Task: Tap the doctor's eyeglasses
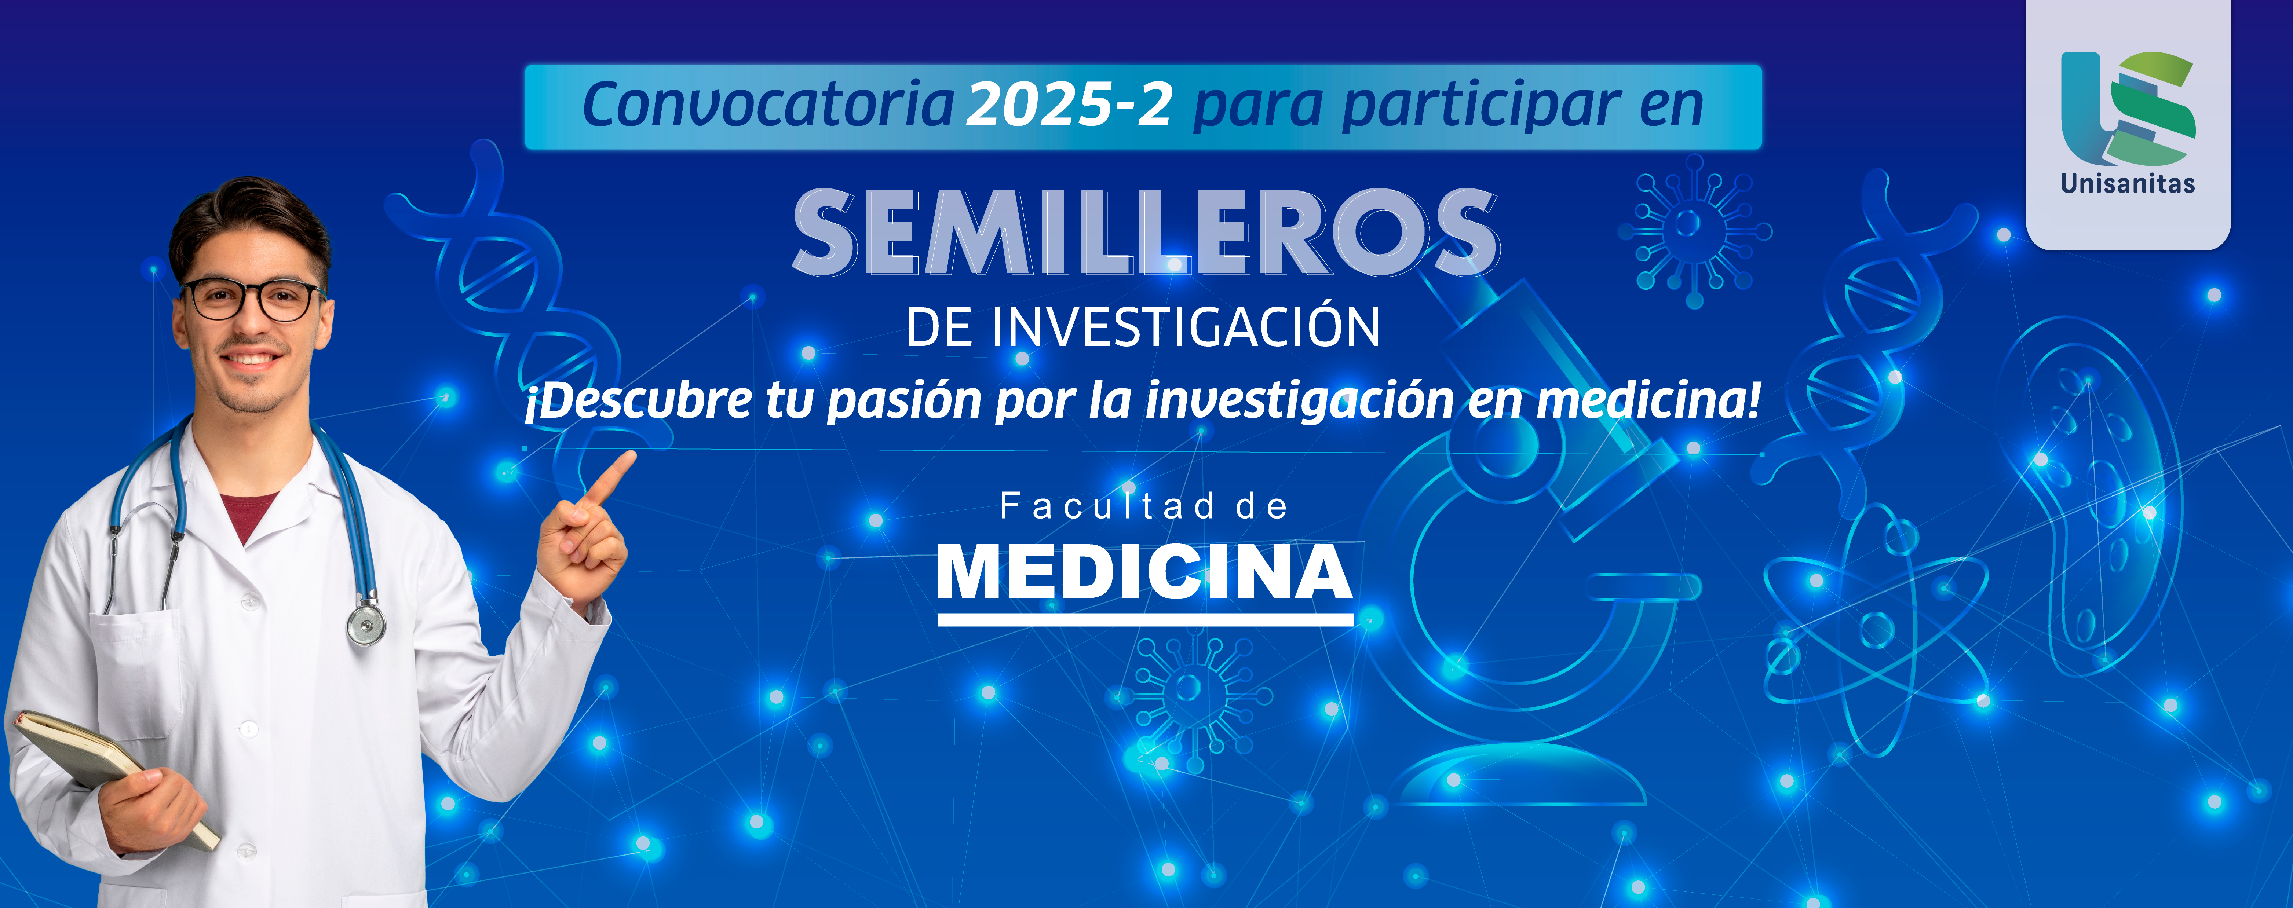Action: click(252, 299)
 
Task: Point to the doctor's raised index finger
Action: click(611, 476)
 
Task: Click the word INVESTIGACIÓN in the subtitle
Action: click(1186, 327)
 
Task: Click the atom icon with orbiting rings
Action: click(1876, 630)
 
